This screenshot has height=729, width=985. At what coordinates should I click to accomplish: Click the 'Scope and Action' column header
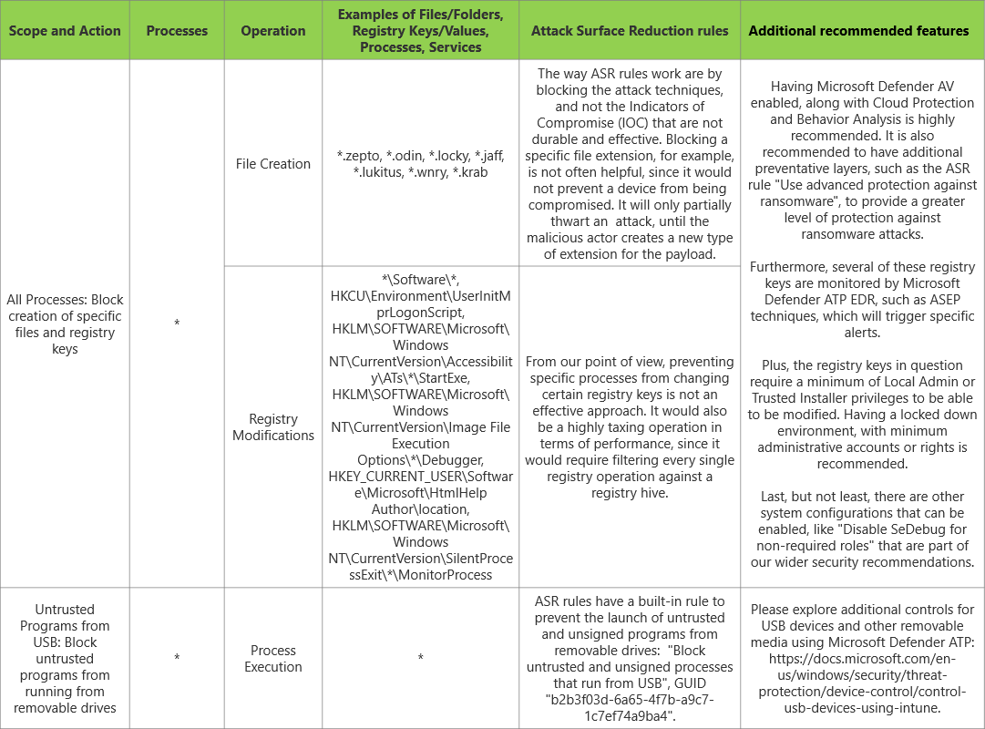[65, 30]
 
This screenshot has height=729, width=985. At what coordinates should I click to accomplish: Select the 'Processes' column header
[177, 30]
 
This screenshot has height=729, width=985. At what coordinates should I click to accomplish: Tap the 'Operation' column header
[273, 30]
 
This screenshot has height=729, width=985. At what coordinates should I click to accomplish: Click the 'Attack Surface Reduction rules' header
[630, 30]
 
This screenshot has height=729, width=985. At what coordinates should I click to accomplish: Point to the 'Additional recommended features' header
[858, 30]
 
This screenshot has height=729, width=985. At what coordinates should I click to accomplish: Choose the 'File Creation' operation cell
[273, 164]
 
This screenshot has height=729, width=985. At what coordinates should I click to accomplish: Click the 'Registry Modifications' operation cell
[273, 426]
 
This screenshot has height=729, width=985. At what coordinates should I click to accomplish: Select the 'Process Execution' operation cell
[273, 658]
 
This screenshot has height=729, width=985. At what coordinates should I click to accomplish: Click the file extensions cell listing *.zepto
[420, 164]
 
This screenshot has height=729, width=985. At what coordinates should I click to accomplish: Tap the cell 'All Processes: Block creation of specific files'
[65, 323]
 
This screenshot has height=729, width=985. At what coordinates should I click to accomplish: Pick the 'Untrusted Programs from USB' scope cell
[65, 658]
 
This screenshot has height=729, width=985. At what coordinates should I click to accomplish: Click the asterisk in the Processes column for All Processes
[177, 323]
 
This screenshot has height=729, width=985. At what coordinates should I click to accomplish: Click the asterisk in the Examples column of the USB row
[420, 658]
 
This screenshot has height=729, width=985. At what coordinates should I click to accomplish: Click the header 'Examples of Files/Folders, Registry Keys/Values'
[420, 30]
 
